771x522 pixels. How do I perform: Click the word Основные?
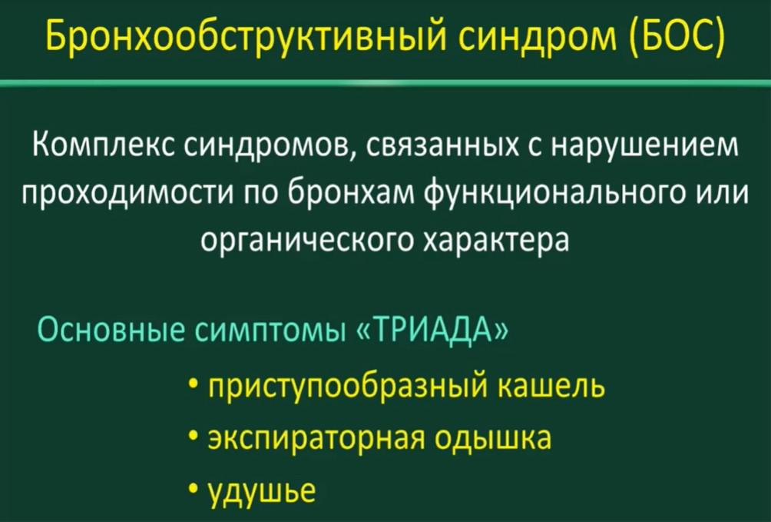(x=111, y=330)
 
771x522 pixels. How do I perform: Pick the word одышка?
(x=493, y=439)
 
